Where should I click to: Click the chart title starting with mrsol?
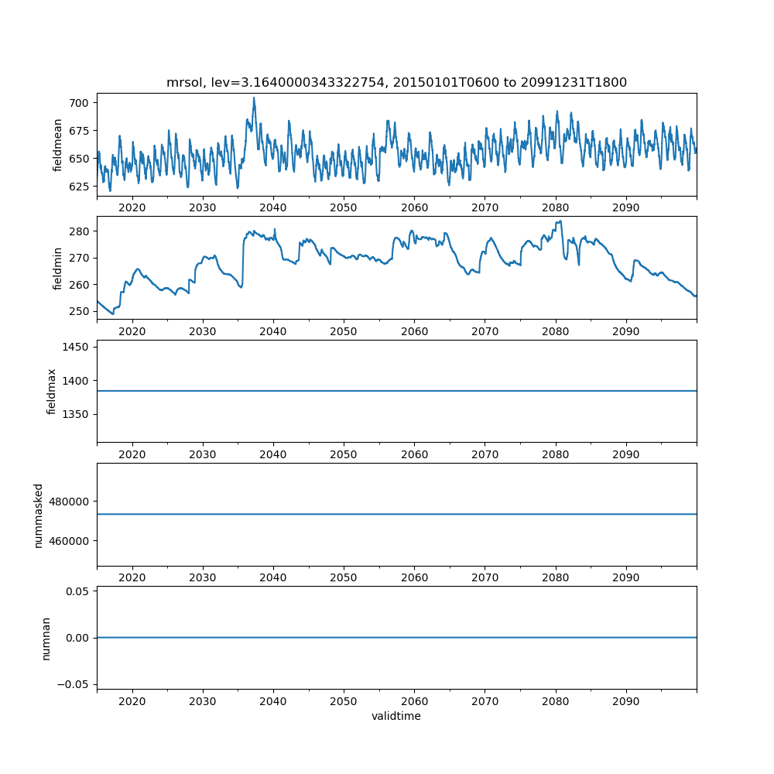click(396, 82)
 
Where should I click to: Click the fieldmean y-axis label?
click(57, 145)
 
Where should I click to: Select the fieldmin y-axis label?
click(57, 268)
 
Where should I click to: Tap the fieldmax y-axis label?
click(52, 391)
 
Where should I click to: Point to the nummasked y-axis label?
click(39, 515)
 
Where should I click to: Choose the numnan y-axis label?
click(46, 638)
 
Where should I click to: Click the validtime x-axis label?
click(396, 717)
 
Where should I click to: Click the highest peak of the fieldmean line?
click(253, 98)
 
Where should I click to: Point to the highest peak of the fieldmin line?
click(559, 221)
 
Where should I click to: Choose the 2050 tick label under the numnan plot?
click(344, 700)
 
